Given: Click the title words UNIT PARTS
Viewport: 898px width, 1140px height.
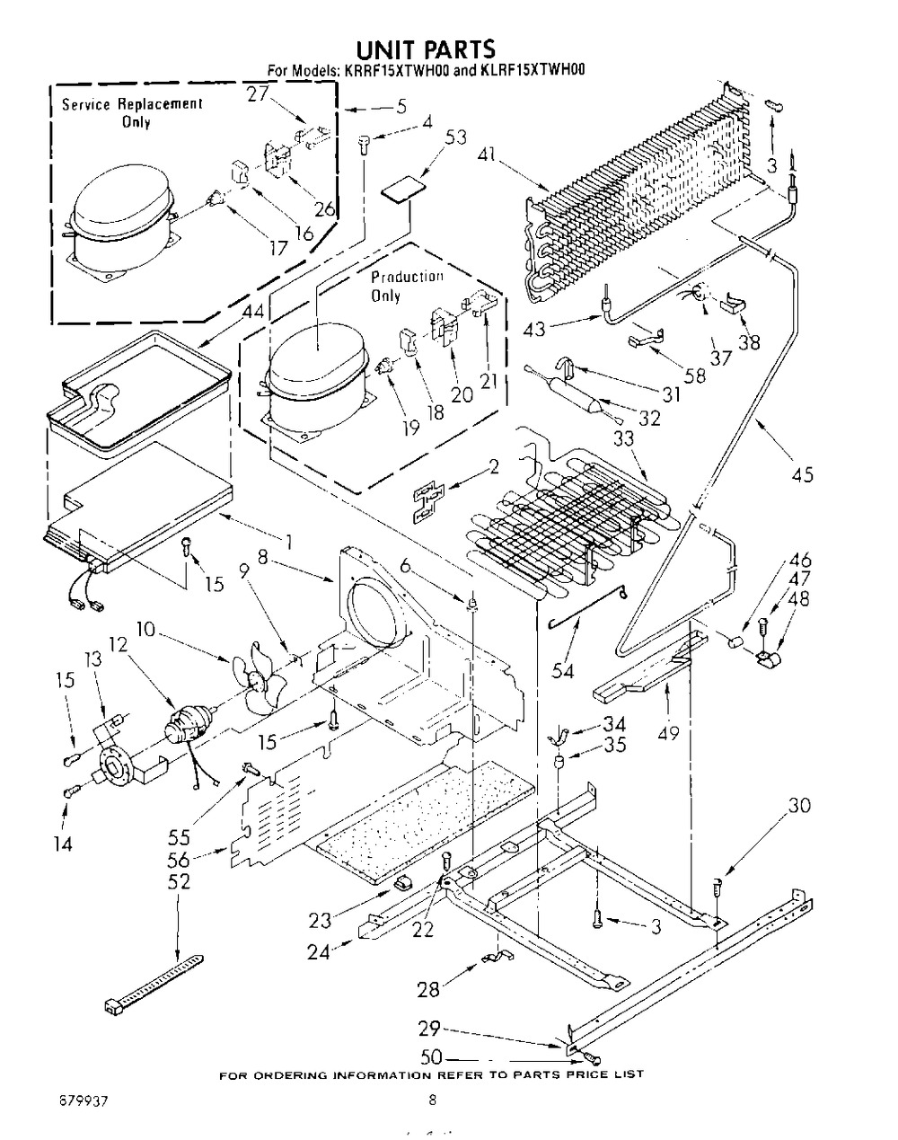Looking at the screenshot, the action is point(425,49).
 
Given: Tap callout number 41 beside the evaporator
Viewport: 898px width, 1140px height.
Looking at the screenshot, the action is point(488,155).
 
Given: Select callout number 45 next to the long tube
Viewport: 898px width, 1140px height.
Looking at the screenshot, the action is point(802,474).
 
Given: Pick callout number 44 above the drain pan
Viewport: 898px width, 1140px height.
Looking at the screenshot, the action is point(252,312).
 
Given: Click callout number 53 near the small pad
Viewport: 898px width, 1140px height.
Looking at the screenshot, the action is point(456,138).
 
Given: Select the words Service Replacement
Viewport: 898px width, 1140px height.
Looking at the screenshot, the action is point(132,104).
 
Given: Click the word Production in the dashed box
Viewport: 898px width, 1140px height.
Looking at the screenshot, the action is point(407,277).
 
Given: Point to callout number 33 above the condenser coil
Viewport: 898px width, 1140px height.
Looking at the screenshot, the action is point(624,439).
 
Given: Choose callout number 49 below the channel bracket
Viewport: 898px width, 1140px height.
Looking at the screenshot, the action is point(668,733).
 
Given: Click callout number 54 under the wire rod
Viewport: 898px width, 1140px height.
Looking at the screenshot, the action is point(562,671).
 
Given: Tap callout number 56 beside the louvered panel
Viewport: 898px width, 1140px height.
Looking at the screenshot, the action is point(179,860).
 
